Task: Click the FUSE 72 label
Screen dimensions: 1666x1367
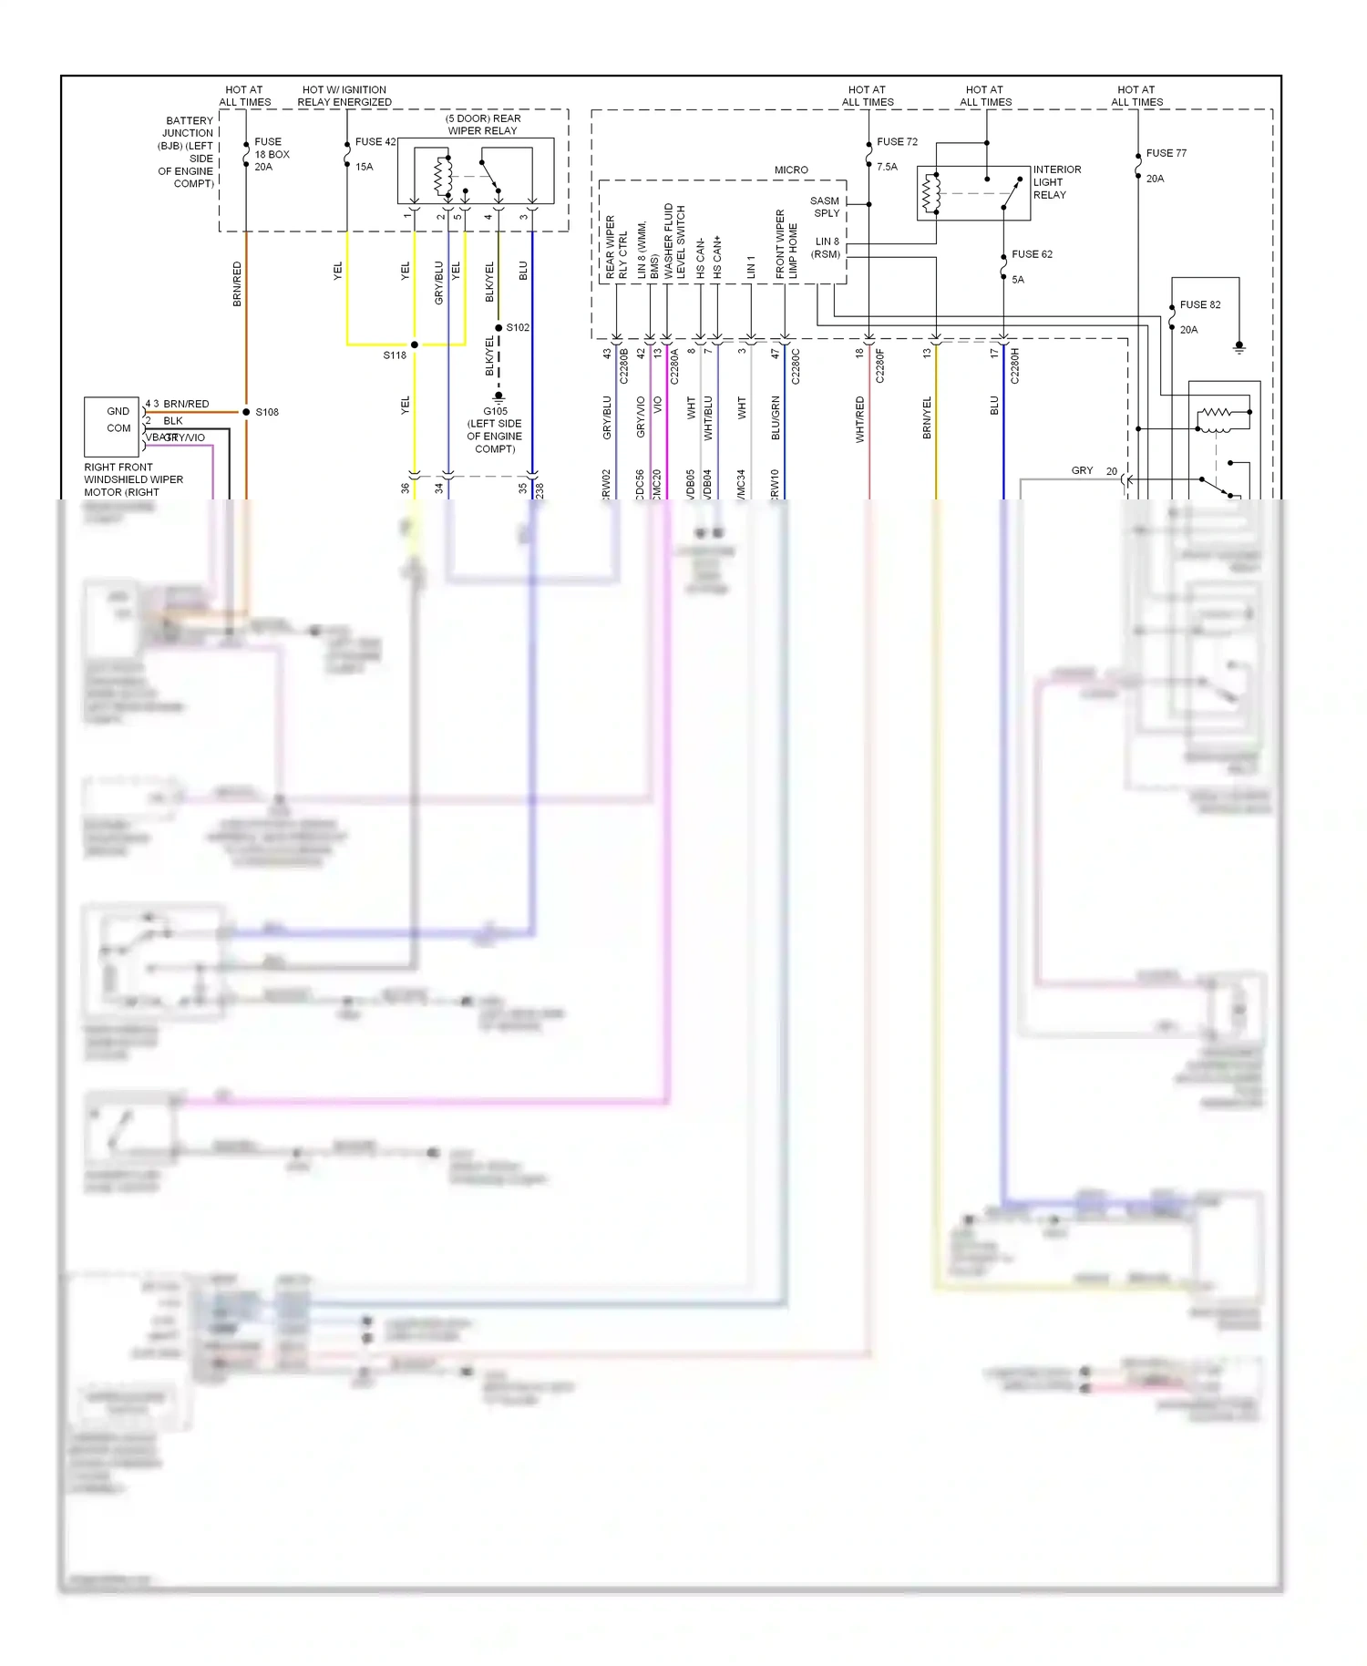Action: tap(897, 141)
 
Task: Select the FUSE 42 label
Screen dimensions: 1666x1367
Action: tap(375, 141)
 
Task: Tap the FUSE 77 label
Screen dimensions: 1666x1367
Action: tap(1166, 153)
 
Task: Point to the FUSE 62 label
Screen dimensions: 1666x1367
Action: tap(1032, 254)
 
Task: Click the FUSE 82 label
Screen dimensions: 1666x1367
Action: tap(1199, 304)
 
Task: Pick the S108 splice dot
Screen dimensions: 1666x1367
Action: tap(246, 412)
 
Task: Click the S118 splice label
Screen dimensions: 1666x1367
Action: tap(394, 355)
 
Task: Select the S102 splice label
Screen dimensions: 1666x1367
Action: tap(518, 327)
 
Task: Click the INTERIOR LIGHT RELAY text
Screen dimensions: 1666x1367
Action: tap(1056, 182)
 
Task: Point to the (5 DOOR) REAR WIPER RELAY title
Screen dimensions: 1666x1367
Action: tap(482, 125)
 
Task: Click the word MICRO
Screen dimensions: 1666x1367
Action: tap(791, 170)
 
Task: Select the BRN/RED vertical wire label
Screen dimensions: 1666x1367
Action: tap(237, 283)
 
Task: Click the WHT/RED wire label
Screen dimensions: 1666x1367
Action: tap(859, 419)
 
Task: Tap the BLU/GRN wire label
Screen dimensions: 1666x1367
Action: tap(776, 417)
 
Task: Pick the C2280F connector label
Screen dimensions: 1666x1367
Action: tap(879, 365)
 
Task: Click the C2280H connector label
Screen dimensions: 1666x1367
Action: tap(1014, 365)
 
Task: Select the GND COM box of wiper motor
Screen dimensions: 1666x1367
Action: tap(112, 426)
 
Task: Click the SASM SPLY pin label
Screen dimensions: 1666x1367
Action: tap(825, 207)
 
